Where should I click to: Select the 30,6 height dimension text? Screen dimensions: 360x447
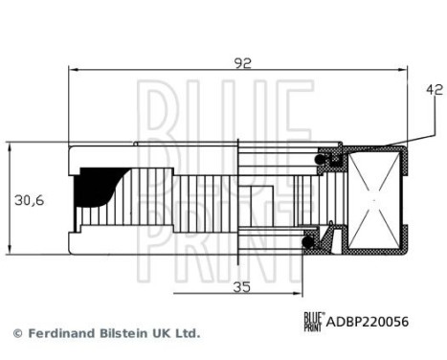coord(29,201)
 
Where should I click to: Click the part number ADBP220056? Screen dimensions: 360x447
coord(369,323)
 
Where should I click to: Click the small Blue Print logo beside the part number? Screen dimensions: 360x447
coord(313,323)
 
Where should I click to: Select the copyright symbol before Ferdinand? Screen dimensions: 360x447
coord(16,333)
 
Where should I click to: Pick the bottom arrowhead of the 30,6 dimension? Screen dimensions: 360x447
coord(10,255)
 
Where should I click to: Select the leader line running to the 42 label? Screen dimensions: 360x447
coord(413,120)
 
